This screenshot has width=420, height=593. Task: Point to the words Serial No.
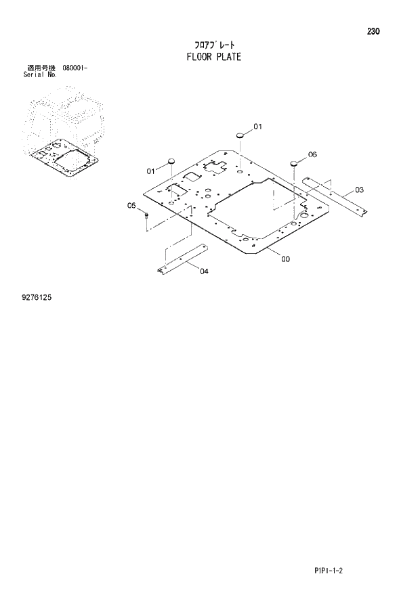(x=40, y=75)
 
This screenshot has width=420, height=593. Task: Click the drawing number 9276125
(x=37, y=296)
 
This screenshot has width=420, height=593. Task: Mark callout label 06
(x=312, y=154)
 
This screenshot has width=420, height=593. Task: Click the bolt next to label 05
(x=146, y=216)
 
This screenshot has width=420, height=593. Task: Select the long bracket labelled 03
(x=335, y=196)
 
